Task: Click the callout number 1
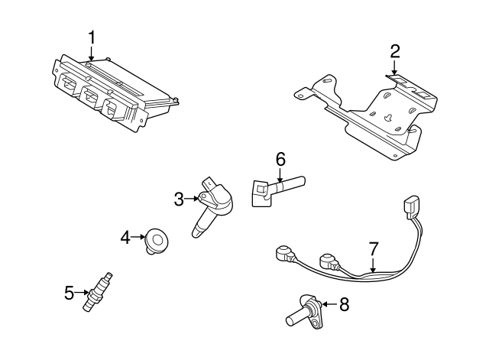click(92, 38)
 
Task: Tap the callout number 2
click(394, 51)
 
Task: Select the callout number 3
click(179, 199)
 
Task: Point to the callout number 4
click(125, 238)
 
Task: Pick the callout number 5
click(69, 293)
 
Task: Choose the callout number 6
click(280, 160)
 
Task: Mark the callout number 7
click(373, 248)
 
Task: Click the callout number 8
click(344, 304)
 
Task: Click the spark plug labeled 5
click(97, 292)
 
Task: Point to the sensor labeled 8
click(304, 311)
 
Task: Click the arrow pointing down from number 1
click(91, 54)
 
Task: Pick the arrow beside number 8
click(329, 303)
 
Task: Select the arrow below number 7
click(373, 264)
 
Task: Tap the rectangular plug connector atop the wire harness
click(411, 207)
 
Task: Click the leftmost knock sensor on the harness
click(285, 254)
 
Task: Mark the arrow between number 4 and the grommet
click(138, 237)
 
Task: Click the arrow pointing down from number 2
click(394, 68)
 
